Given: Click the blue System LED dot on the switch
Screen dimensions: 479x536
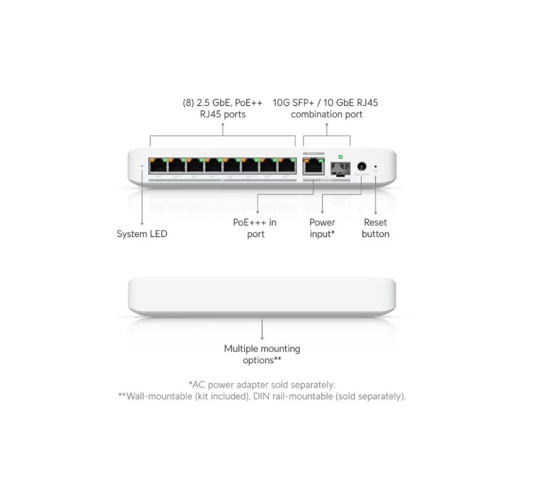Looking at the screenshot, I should tap(143, 166).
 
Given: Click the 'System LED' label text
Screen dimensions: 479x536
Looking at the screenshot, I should tap(142, 234).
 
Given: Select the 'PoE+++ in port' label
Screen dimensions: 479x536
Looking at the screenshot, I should tap(255, 228).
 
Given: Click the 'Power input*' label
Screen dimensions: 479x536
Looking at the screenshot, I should tap(322, 228).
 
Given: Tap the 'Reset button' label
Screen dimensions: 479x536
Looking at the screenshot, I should tap(375, 228).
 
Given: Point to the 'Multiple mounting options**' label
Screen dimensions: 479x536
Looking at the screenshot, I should tap(262, 354).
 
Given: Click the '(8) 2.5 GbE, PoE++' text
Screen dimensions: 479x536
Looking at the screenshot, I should tap(222, 103).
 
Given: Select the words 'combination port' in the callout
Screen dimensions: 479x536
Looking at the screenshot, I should tap(327, 114).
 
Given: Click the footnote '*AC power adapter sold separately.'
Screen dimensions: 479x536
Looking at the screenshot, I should tap(262, 384).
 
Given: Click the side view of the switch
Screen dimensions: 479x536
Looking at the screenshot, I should tap(262, 296).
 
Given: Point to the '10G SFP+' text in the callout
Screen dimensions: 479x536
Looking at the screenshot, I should tap(293, 103).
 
